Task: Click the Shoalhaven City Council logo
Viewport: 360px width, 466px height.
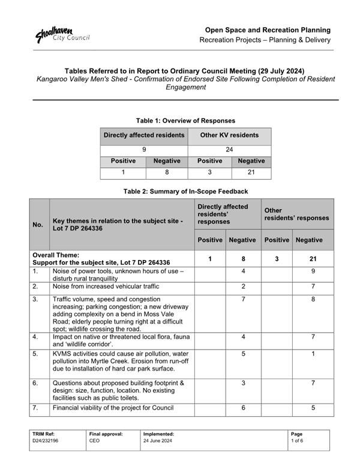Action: [x=62, y=34]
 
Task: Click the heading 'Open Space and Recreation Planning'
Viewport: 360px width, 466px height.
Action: [x=268, y=29]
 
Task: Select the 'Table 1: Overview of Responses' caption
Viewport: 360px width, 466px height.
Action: [x=185, y=120]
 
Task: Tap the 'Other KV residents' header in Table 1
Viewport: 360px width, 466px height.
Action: [x=229, y=135]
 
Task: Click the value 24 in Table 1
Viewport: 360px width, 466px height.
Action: [x=229, y=149]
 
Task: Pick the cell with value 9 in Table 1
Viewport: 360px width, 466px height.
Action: [x=144, y=149]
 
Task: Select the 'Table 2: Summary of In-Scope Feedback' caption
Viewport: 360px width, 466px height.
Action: [x=185, y=191]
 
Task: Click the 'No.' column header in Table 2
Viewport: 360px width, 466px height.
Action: [x=38, y=225]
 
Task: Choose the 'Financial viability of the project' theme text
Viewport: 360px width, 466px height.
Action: [x=113, y=408]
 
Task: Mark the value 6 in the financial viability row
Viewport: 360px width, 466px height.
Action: [x=243, y=408]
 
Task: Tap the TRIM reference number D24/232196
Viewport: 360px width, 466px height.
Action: [x=46, y=441]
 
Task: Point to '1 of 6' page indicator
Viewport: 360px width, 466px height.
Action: [x=297, y=441]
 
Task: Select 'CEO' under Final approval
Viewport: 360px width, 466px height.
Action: [x=95, y=441]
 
